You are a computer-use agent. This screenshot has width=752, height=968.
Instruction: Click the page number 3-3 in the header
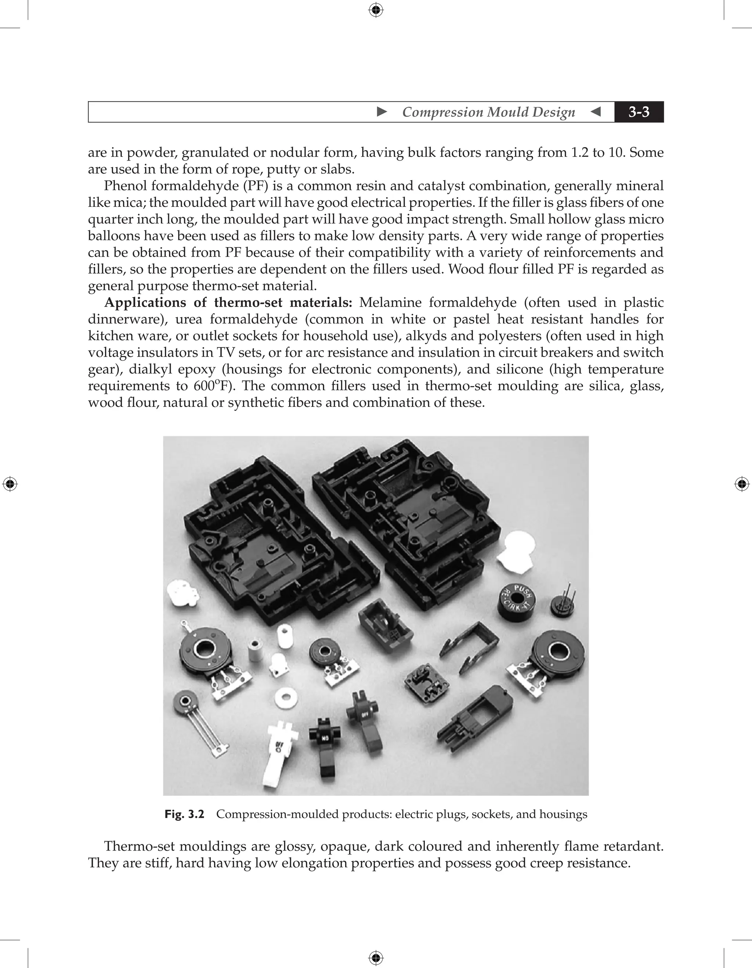[x=639, y=112]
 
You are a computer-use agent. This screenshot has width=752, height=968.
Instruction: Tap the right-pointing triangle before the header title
[x=382, y=112]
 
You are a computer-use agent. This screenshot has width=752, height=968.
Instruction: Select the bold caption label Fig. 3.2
[x=184, y=814]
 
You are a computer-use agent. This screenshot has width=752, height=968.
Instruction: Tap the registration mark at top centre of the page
[x=376, y=10]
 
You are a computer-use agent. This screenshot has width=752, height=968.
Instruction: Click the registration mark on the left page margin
[x=10, y=484]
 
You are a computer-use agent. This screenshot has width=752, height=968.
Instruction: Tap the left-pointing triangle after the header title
[x=596, y=112]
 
